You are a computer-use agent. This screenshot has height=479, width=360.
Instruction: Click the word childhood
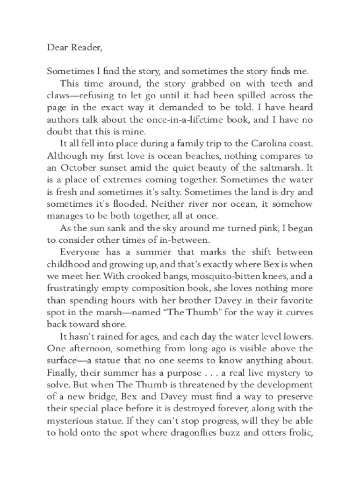tap(70, 265)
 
